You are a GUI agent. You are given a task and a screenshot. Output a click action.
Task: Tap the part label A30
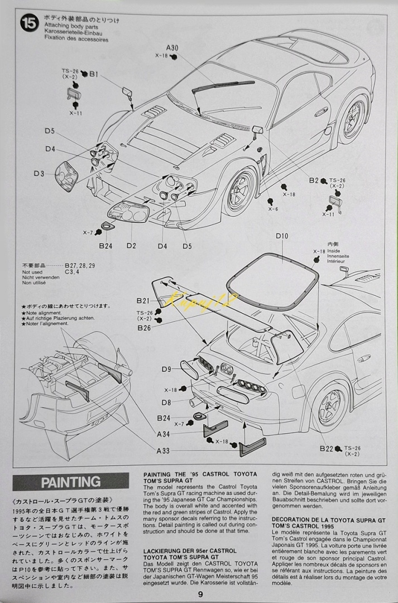click(x=172, y=48)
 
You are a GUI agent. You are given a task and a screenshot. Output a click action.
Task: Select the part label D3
click(x=38, y=174)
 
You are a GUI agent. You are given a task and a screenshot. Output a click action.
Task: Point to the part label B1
click(x=94, y=74)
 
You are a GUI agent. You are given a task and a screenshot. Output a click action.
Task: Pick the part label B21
click(x=143, y=300)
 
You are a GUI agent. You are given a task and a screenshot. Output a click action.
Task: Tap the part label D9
click(x=166, y=369)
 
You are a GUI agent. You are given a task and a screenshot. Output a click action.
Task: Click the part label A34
click(x=163, y=434)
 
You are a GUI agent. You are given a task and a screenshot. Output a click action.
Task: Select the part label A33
click(x=163, y=451)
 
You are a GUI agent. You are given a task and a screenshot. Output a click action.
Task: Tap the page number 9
click(x=199, y=594)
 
